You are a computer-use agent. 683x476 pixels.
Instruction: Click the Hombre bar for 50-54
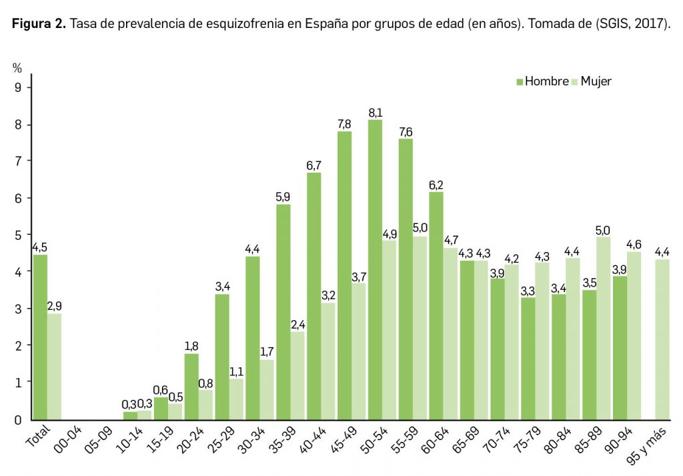tap(375, 269)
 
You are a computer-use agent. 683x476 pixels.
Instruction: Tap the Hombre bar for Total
tap(40, 337)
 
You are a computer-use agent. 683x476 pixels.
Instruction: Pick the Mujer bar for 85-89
tap(603, 327)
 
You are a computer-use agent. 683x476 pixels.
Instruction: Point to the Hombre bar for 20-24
tap(191, 386)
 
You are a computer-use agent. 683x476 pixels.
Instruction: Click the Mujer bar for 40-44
tap(328, 361)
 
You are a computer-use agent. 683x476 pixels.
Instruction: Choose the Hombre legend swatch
tap(520, 82)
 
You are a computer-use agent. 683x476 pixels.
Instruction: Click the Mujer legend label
tap(596, 81)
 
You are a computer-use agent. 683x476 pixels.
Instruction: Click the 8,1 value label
tap(375, 112)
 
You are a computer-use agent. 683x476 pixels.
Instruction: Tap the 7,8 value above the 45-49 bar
tap(344, 124)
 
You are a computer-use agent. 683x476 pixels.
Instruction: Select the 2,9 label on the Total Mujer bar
tap(55, 306)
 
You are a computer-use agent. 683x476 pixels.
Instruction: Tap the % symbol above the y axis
tap(17, 68)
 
